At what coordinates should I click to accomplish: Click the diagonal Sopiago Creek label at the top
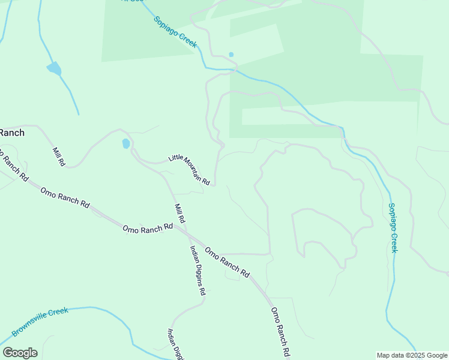point(175,32)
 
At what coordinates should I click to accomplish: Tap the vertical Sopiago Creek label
point(393,227)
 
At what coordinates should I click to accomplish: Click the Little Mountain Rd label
point(189,169)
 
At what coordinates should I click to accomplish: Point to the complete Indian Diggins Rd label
point(198,271)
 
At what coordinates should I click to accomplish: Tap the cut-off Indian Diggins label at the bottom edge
point(175,344)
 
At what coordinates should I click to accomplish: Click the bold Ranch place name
point(12,133)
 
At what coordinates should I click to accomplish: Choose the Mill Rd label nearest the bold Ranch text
point(58,157)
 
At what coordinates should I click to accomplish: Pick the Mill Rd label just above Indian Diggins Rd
point(180,218)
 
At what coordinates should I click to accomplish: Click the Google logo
point(20,352)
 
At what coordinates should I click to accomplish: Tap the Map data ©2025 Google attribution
point(412,355)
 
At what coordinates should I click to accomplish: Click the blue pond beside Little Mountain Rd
point(126,144)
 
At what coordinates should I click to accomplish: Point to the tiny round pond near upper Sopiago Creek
point(231,55)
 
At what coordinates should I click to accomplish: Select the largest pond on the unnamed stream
point(54,68)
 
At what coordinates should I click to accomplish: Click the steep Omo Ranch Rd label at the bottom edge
point(281,332)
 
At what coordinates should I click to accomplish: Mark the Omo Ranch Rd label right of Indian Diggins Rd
point(227,262)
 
